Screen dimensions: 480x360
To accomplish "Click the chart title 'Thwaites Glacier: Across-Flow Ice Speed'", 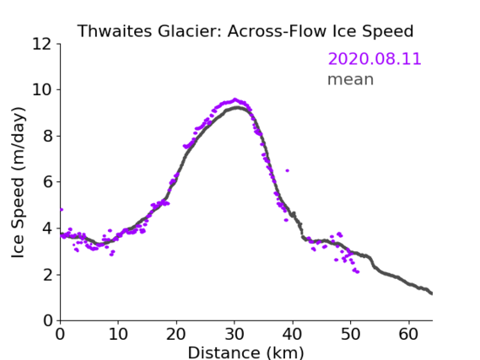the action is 245,31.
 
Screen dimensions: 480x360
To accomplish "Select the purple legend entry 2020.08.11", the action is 375,59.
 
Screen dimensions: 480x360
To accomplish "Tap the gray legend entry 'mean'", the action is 351,79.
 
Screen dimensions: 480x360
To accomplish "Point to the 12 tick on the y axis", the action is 41,44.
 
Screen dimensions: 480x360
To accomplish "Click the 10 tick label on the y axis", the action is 41,90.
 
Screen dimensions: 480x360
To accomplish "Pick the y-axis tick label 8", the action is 47,136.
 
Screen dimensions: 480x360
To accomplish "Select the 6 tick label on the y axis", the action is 47,182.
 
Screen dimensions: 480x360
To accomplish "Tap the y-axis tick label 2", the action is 47,275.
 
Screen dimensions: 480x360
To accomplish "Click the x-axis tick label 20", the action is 176,335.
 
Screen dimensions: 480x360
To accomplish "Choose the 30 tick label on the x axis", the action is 235,335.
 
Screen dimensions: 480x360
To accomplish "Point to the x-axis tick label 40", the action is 293,335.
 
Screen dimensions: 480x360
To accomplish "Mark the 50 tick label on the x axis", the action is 351,335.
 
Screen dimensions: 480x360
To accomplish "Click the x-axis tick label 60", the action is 408,335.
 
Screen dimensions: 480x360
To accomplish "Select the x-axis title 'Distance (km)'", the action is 245,352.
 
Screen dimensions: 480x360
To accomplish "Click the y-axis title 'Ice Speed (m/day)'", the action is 18,183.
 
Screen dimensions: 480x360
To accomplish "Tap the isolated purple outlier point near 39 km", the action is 287,170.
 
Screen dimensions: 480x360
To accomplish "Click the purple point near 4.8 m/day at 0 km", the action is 62,210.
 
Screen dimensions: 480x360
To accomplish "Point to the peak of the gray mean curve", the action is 237,108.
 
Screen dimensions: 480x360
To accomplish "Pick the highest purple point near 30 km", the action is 235,99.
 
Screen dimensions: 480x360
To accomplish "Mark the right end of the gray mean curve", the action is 431,293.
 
